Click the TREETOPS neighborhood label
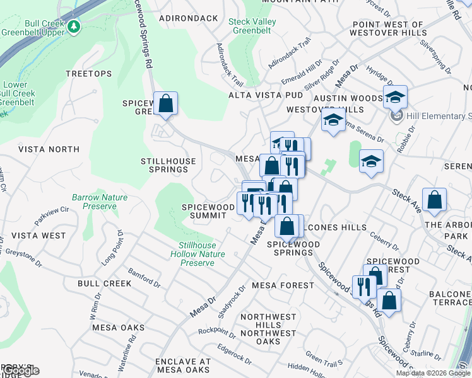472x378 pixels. tap(88, 74)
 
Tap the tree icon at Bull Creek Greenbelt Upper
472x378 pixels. tap(74, 26)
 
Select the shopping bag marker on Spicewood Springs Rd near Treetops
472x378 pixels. tap(165, 104)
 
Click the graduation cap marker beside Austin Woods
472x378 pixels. tap(395, 98)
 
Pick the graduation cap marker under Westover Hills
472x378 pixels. tap(333, 121)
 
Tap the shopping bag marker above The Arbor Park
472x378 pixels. tap(435, 200)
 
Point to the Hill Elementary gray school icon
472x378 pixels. tap(396, 115)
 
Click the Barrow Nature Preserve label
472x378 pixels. tap(99, 202)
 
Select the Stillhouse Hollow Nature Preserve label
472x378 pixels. tap(198, 254)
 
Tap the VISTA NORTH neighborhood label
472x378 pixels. tap(49, 149)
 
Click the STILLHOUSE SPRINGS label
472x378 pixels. tap(168, 165)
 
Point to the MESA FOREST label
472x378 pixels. tap(283, 285)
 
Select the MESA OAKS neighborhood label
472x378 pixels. tap(118, 328)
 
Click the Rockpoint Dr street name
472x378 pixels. tap(216, 331)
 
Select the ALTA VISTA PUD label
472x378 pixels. tap(265, 95)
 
